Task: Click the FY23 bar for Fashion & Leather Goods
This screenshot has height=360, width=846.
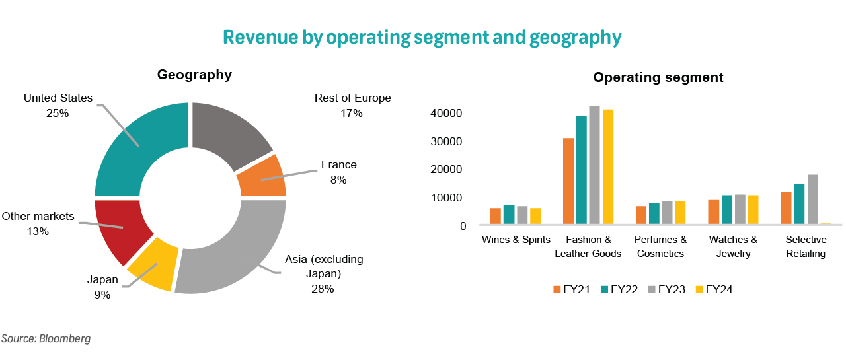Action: point(594,165)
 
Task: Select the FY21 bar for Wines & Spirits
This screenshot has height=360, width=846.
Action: point(495,217)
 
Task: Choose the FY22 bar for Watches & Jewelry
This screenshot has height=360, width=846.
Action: point(726,210)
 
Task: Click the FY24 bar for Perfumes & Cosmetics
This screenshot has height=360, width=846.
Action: point(681,213)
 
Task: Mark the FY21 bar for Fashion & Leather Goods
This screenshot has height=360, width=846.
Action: point(568,182)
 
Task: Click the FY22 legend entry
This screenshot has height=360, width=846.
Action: point(618,289)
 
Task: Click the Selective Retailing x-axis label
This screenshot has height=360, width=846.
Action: point(806,246)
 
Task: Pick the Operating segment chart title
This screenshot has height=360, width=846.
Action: point(658,77)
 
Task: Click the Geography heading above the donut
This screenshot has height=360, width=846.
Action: point(194,75)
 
